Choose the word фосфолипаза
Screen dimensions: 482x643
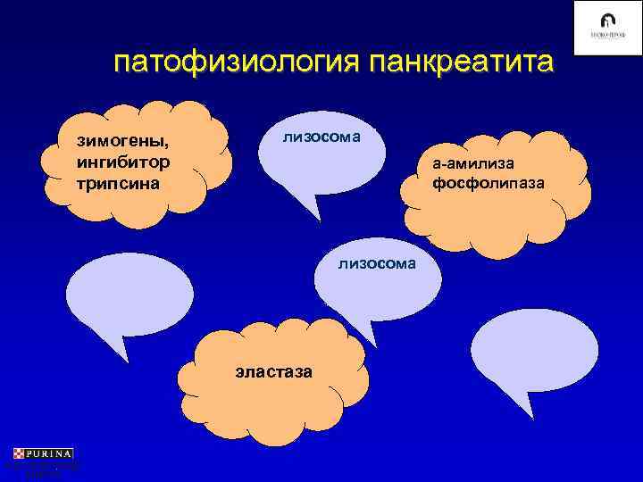[x=488, y=184]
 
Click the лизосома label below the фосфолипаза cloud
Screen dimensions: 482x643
[x=377, y=262]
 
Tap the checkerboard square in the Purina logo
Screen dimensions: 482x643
[x=20, y=453]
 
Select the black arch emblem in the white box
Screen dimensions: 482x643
[x=607, y=21]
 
